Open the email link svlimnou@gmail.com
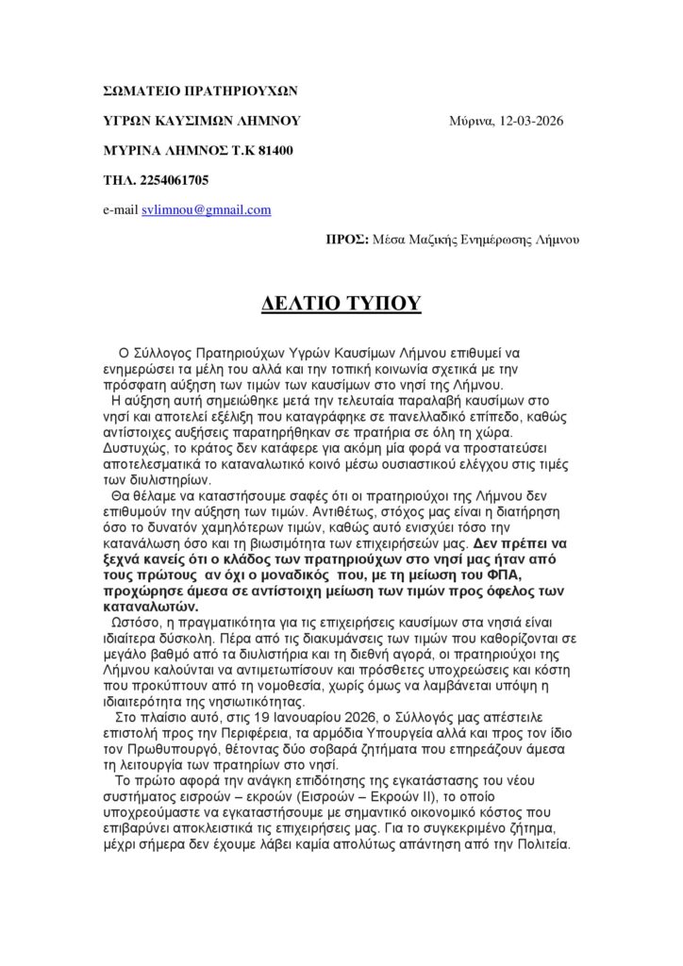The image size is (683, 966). coord(207,209)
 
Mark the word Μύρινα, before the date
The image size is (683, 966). coord(472,121)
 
